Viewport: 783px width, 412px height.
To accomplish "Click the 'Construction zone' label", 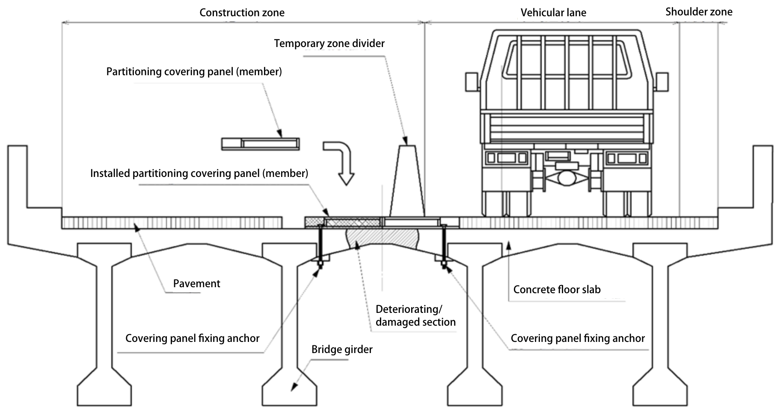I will coord(242,13).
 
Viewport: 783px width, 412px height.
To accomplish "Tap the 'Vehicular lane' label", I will coord(553,13).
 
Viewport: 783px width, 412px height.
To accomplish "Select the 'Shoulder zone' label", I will coord(698,12).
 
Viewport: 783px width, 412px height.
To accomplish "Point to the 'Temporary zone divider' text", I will coord(329,44).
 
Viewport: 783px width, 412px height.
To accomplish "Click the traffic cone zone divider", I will coord(407,182).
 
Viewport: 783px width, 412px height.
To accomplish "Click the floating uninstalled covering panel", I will coord(260,144).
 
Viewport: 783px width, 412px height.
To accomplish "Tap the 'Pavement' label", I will coord(196,284).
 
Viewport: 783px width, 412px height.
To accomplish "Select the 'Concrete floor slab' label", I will coord(557,290).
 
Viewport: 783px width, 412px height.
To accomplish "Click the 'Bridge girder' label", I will coord(341,350).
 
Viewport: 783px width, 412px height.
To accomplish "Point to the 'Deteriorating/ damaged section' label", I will coord(415,316).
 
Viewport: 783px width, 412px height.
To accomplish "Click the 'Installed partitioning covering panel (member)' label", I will coord(199,174).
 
